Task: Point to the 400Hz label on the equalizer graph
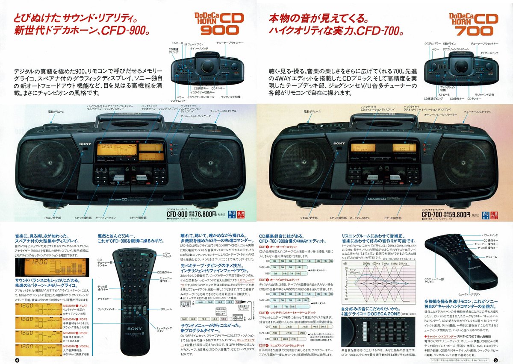pyautogui.click(x=376, y=264)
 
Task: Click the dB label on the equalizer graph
pyautogui.click(x=345, y=264)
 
